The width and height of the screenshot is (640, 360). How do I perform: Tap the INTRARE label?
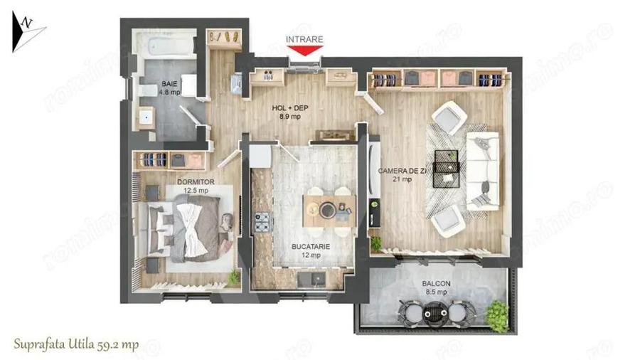pos(304,39)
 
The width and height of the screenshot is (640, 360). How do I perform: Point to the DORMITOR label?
pos(176,181)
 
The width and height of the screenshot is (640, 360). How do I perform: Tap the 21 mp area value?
pos(403,180)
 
